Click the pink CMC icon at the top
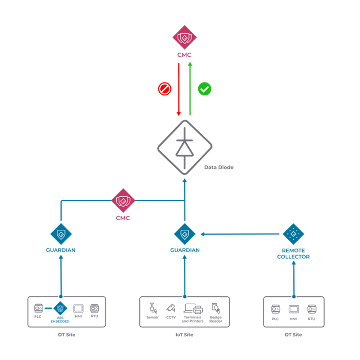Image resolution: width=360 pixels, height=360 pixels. (184, 37)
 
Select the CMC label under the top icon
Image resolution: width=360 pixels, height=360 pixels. (184, 55)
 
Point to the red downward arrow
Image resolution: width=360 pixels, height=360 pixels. (178, 89)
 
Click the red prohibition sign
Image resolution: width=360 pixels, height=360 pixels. (164, 90)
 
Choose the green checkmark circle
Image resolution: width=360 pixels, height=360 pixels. (204, 89)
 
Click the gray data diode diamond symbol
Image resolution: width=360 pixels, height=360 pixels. (184, 147)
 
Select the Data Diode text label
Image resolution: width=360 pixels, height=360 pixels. (219, 167)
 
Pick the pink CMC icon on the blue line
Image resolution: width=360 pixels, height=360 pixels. (123, 201)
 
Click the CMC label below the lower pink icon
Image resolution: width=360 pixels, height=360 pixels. (123, 218)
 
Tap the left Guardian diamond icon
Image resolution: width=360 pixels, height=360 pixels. (61, 234)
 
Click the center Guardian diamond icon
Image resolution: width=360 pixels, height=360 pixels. (184, 234)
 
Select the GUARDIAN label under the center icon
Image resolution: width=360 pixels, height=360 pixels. (184, 250)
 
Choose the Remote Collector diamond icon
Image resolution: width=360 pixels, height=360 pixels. (293, 234)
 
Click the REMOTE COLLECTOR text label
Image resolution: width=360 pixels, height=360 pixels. (293, 253)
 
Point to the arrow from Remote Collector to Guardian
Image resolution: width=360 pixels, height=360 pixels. (241, 234)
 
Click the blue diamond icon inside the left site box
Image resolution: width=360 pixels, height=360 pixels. (60, 309)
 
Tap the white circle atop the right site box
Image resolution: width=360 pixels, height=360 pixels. (293, 297)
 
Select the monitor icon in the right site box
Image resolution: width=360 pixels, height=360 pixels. (293, 309)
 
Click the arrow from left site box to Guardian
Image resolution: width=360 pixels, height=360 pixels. (61, 274)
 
